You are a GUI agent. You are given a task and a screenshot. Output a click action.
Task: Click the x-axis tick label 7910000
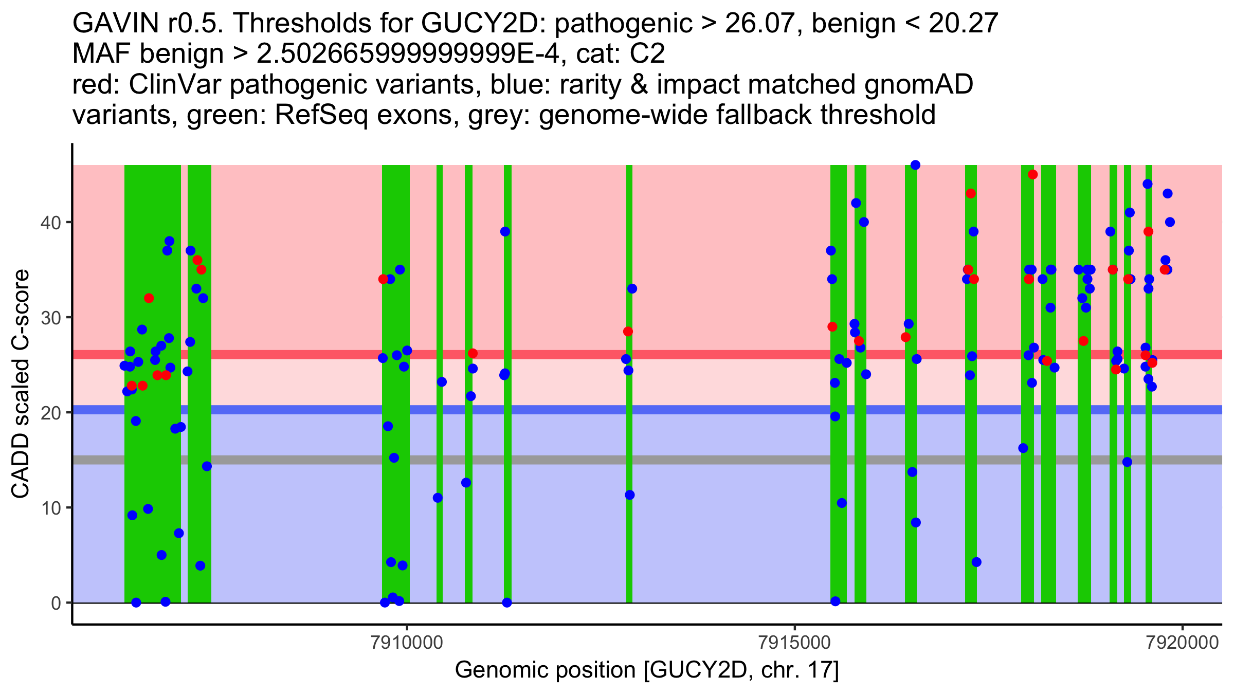point(406,643)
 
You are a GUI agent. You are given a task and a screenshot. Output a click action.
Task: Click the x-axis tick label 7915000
point(794,643)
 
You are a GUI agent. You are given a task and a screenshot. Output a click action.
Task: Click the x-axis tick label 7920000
point(1183,643)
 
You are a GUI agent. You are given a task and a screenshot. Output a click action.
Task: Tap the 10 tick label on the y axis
point(51,508)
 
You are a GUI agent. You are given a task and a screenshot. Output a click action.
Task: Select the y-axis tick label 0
point(56,603)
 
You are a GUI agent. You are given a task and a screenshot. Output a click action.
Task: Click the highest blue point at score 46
point(915,165)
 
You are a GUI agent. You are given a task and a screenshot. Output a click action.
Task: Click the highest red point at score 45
point(1032,175)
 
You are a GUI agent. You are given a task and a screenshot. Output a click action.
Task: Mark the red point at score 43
point(971,194)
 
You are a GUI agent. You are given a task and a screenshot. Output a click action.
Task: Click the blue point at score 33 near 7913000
point(632,289)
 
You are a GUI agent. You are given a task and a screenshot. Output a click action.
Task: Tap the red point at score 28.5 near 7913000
point(628,332)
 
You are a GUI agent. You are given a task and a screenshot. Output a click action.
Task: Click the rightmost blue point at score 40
point(1170,222)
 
